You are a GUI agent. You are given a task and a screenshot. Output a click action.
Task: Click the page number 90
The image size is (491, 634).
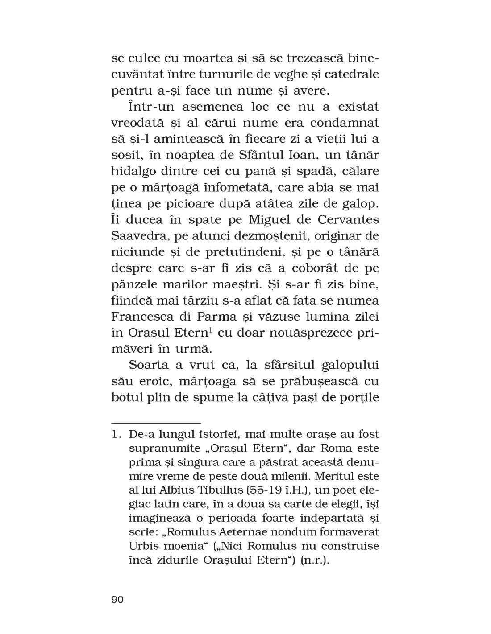point(117,599)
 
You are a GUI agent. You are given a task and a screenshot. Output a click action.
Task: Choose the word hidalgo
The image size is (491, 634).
point(135,171)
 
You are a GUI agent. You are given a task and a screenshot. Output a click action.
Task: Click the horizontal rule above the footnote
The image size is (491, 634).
point(156,423)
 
